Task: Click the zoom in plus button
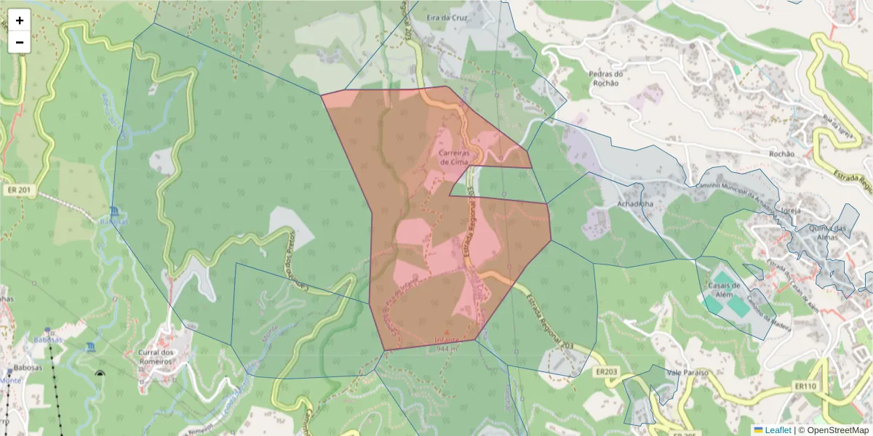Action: click(x=20, y=20)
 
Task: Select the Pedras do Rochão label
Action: click(x=606, y=78)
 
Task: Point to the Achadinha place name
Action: click(x=635, y=204)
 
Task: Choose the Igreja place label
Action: click(x=790, y=211)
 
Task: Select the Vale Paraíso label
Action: click(x=687, y=372)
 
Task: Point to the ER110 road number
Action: click(x=805, y=386)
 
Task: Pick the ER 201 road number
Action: click(x=20, y=190)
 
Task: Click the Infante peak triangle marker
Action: click(x=447, y=332)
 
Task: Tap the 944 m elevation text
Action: click(x=447, y=349)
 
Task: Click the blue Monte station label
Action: click(x=9, y=380)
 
